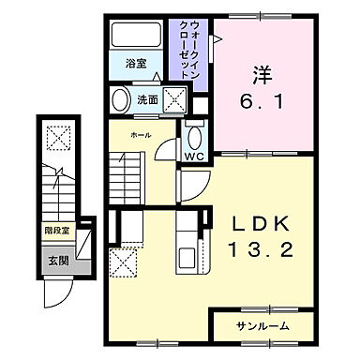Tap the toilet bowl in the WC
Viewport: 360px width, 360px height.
pyautogui.click(x=195, y=132)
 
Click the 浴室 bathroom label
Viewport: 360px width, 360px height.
pyautogui.click(x=136, y=64)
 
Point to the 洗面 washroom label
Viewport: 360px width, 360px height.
pyautogui.click(x=147, y=98)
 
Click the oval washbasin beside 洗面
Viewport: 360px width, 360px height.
pyautogui.click(x=120, y=99)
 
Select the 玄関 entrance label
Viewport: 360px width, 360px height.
pyautogui.click(x=57, y=260)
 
